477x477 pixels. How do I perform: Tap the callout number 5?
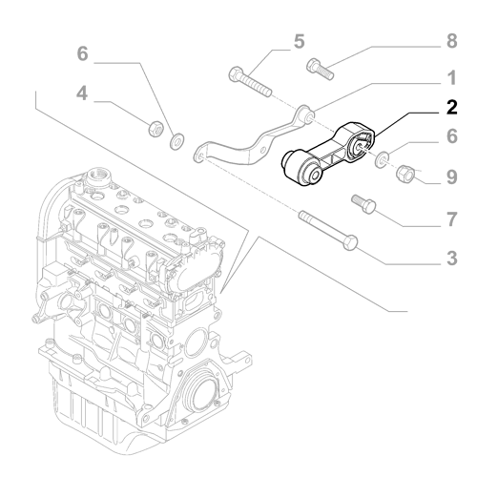(299, 41)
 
